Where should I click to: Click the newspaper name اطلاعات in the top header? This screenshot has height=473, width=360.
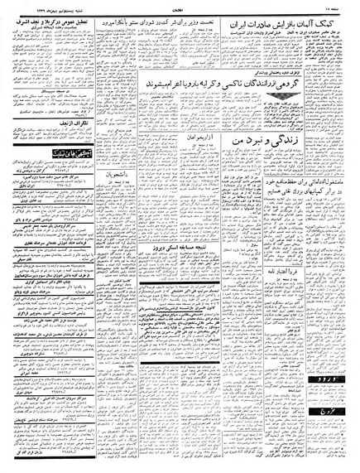coord(180,6)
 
